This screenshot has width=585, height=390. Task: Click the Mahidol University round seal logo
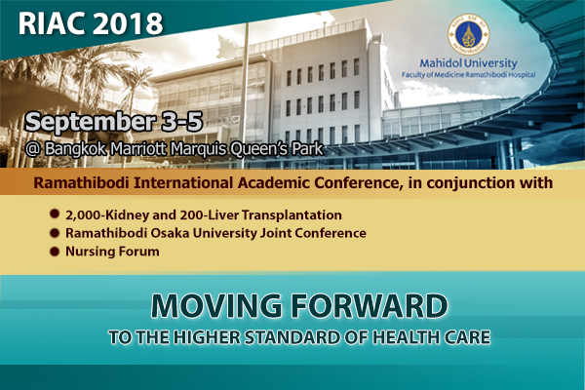(x=468, y=34)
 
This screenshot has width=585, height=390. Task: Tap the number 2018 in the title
(x=127, y=23)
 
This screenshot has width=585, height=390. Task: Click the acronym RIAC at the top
(x=52, y=23)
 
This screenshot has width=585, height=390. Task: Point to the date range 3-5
(x=182, y=121)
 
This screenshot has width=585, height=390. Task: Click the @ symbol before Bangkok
(x=33, y=149)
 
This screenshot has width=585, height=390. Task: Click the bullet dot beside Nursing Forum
(x=55, y=252)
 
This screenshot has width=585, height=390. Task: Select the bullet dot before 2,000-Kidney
(x=55, y=214)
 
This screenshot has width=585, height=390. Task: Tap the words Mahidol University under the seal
(x=469, y=63)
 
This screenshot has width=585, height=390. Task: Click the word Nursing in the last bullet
(x=89, y=252)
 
